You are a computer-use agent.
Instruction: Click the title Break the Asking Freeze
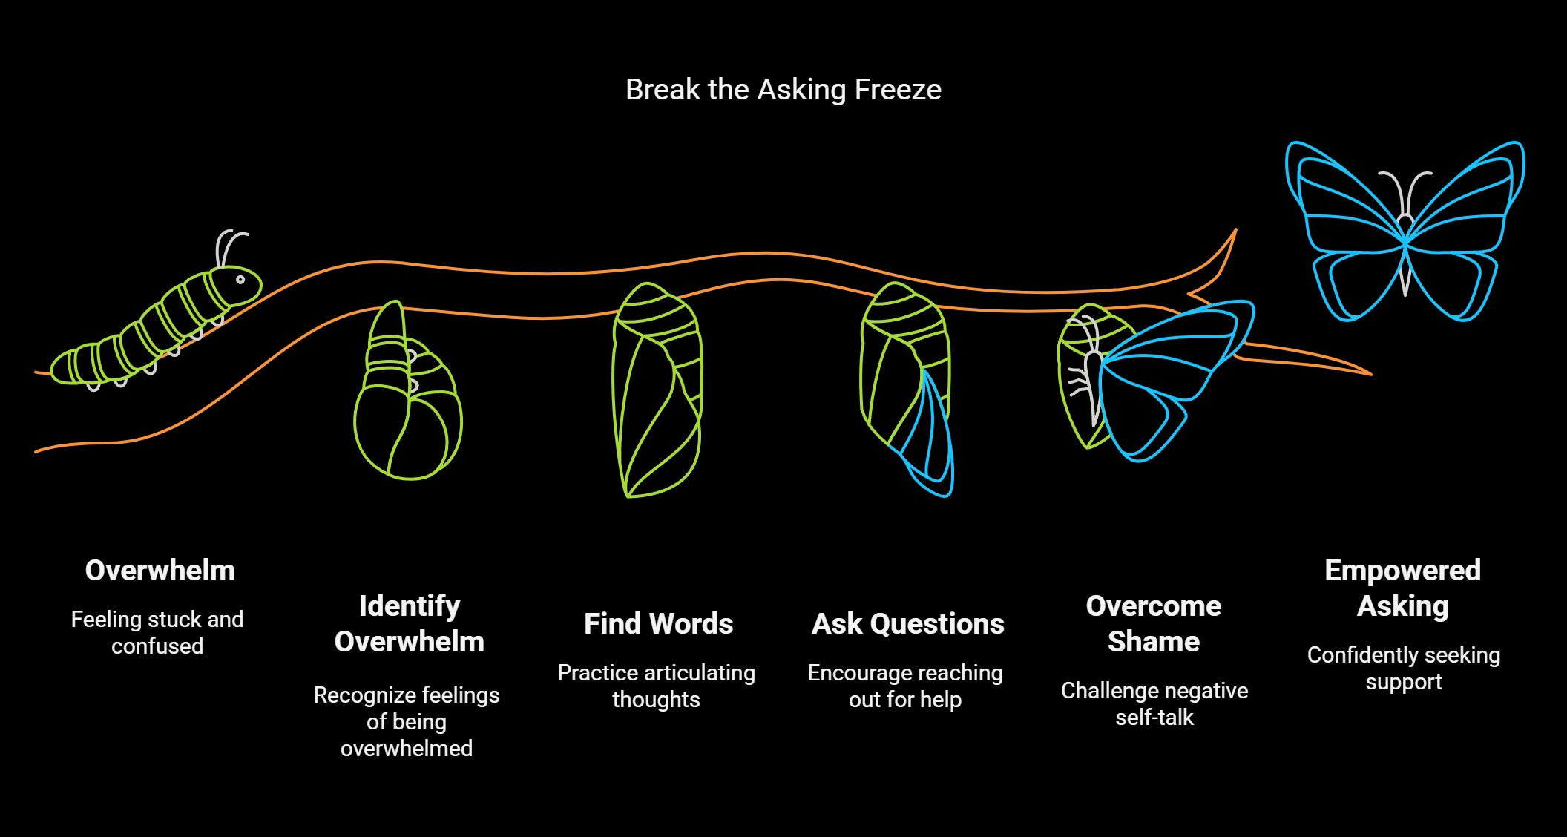point(783,90)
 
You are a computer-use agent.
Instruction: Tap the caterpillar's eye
point(240,280)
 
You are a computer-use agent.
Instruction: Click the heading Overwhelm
point(160,571)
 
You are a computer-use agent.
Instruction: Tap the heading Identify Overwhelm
point(409,623)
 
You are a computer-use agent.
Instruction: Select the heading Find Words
point(658,624)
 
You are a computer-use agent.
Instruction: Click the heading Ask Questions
point(907,624)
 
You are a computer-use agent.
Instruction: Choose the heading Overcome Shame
point(1154,623)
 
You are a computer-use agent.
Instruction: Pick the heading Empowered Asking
point(1402,588)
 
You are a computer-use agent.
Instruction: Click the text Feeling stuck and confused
point(157,632)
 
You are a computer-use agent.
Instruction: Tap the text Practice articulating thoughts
point(656,686)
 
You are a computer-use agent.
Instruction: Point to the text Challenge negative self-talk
point(1154,703)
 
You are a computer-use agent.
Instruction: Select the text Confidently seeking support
point(1403,668)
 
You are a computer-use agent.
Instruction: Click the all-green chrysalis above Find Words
point(656,390)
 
